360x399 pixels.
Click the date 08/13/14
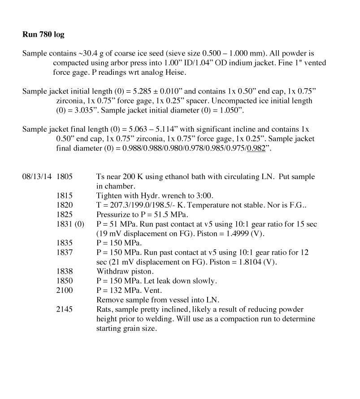coord(37,177)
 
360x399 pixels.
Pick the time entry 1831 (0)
coord(70,224)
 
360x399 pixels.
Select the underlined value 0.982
coord(256,149)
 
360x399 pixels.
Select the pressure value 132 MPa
coord(120,290)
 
